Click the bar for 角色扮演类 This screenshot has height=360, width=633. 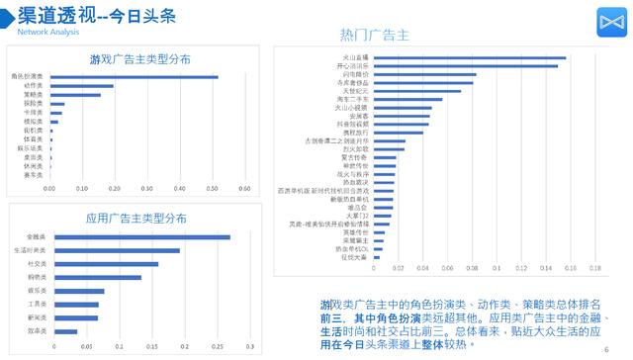click(134, 76)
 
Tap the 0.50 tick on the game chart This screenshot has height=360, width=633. click(212, 188)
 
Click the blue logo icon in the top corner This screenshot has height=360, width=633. click(607, 22)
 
